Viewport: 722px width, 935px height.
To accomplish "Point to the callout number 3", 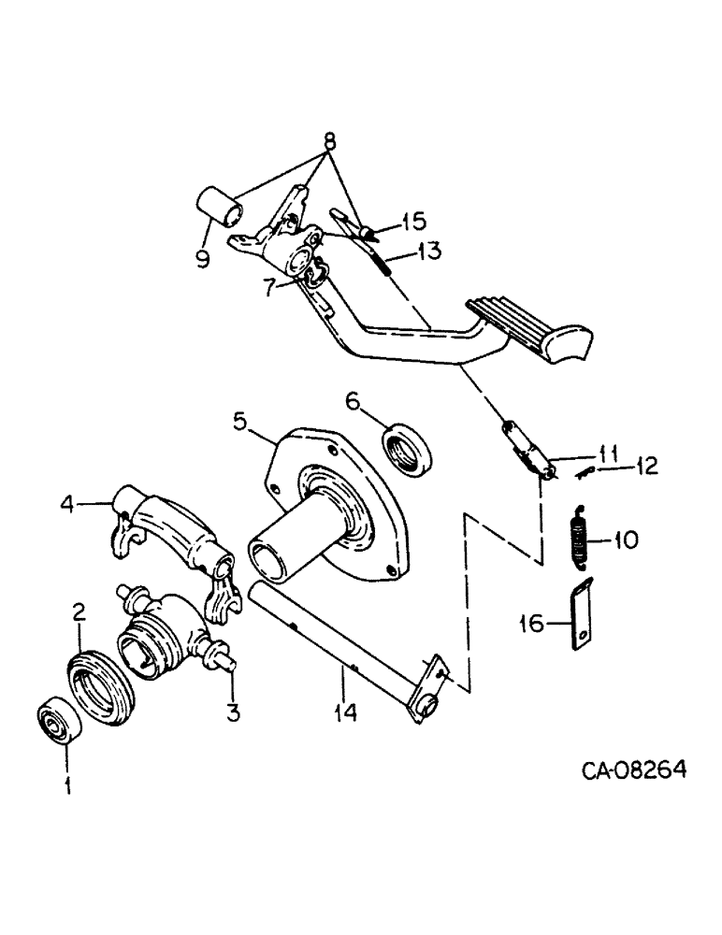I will pyautogui.click(x=232, y=712).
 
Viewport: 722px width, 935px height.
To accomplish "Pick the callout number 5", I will pyautogui.click(x=240, y=421).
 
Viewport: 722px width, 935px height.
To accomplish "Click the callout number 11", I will pyautogui.click(x=609, y=453).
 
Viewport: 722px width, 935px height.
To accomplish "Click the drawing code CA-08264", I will pyautogui.click(x=634, y=771).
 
